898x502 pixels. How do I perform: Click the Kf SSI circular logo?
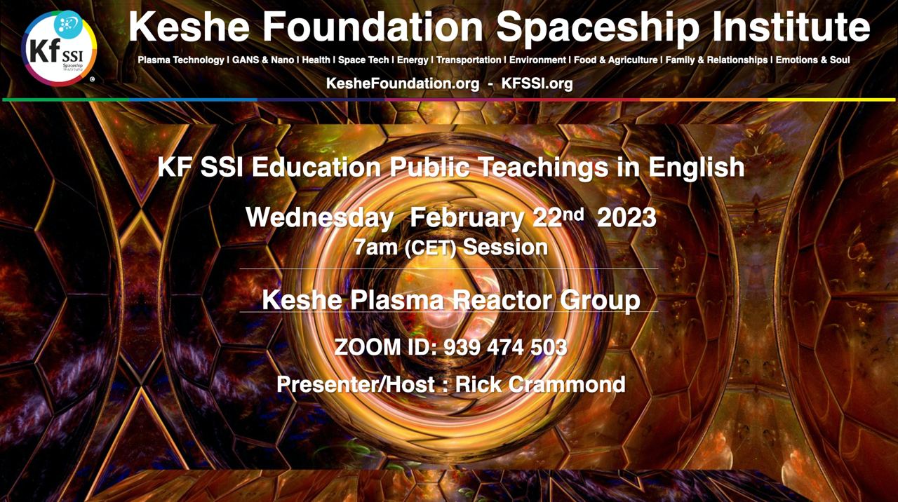pyautogui.click(x=59, y=48)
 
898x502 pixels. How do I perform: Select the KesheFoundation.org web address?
pyautogui.click(x=403, y=83)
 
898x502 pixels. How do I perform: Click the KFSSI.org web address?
pyautogui.click(x=537, y=83)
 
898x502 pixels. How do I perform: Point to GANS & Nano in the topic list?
pyautogui.click(x=263, y=60)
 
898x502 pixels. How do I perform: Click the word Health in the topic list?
pyautogui.click(x=316, y=60)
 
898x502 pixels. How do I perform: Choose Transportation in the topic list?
pyautogui.click(x=469, y=60)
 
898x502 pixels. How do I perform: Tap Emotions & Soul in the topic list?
pyautogui.click(x=812, y=60)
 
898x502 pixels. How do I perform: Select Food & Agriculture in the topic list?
pyautogui.click(x=616, y=60)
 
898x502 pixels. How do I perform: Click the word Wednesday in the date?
pyautogui.click(x=319, y=218)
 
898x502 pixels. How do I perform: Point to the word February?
pyautogui.click(x=467, y=218)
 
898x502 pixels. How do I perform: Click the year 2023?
pyautogui.click(x=626, y=217)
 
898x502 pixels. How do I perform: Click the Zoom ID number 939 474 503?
pyautogui.click(x=506, y=347)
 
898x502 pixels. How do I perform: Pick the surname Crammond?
pyautogui.click(x=567, y=384)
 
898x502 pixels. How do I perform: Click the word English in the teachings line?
pyautogui.click(x=697, y=168)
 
